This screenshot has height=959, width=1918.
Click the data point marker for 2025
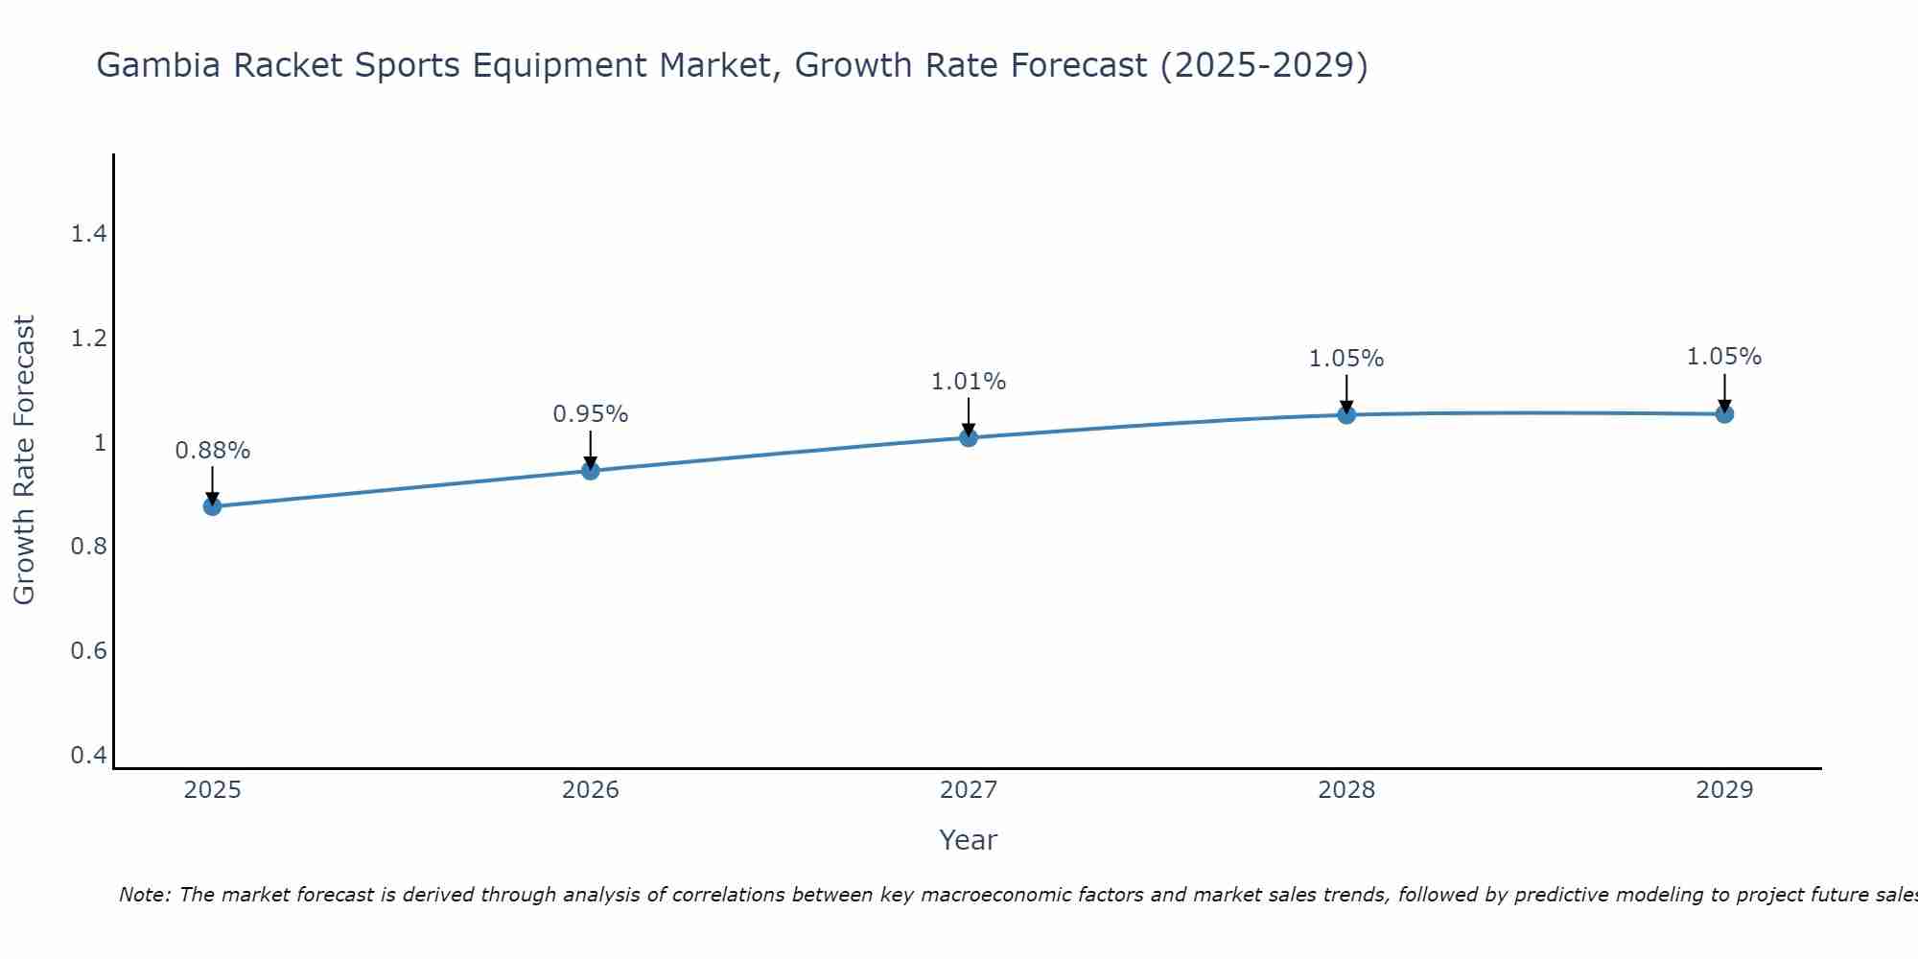point(212,506)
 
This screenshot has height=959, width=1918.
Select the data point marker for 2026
point(591,470)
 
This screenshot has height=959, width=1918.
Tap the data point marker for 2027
point(969,437)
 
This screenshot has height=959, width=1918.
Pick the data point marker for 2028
point(1346,414)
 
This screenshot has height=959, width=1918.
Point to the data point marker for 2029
point(1724,414)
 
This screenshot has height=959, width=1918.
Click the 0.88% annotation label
point(212,451)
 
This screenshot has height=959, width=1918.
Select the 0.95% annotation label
point(591,414)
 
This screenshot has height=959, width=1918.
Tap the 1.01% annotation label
point(969,382)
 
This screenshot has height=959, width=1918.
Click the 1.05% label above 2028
point(1346,359)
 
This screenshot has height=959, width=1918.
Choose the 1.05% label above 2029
point(1724,357)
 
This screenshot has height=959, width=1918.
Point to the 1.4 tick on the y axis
point(89,234)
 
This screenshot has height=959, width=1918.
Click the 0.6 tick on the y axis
point(89,651)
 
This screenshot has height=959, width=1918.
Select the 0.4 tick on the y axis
point(89,756)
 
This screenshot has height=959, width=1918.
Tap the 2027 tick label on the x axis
point(969,790)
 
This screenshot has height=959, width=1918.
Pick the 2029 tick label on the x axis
point(1724,790)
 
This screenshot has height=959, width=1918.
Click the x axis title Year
point(969,840)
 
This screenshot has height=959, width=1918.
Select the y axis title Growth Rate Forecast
point(24,460)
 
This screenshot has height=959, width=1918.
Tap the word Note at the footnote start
point(144,895)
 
